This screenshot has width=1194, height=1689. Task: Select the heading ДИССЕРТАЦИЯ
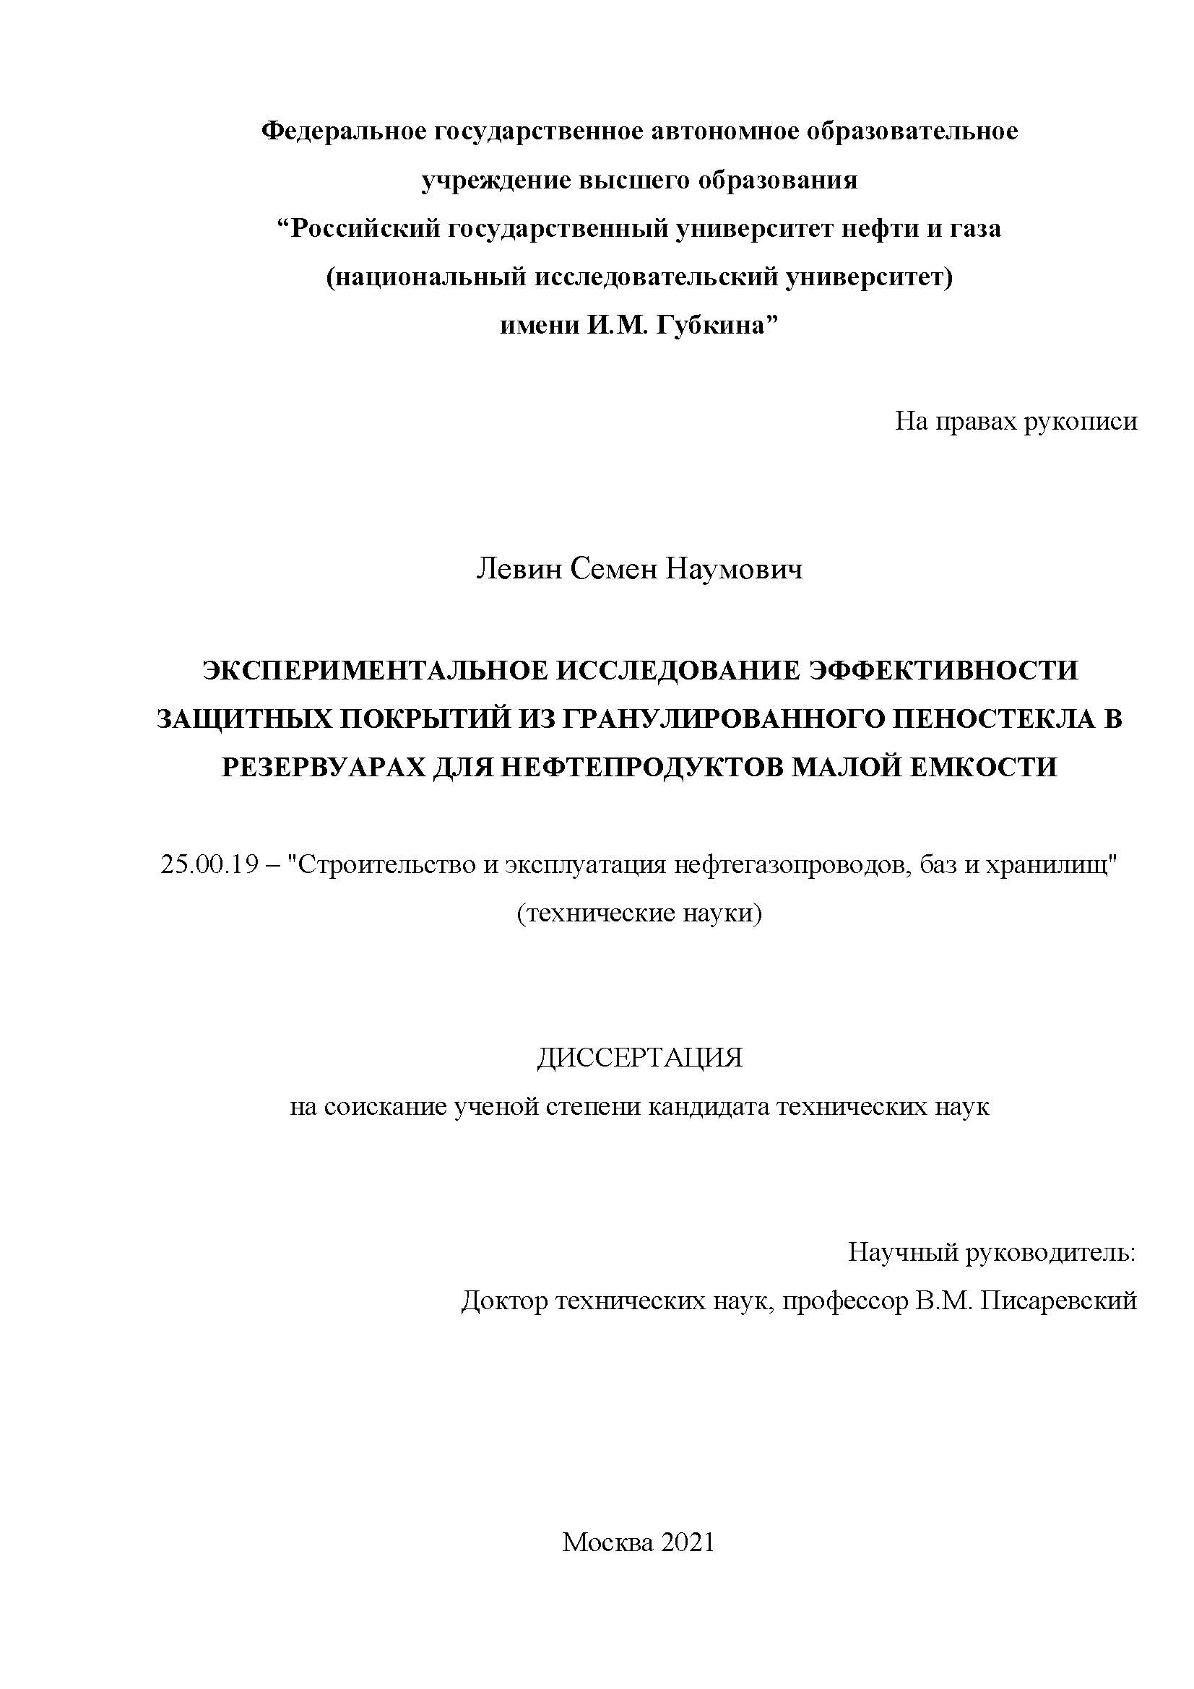tap(639, 1058)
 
